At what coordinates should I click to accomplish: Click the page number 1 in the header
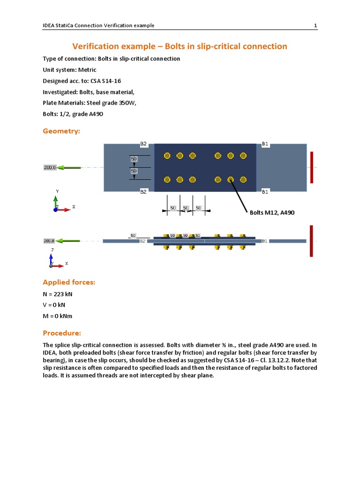315,25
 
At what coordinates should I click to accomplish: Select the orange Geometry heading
61,131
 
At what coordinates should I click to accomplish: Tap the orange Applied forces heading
69,282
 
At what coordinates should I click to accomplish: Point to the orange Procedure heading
62,333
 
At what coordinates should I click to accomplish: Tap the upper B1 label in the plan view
265,144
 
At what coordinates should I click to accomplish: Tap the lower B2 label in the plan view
143,191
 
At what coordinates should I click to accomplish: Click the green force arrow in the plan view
69,167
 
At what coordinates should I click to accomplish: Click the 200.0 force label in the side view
50,240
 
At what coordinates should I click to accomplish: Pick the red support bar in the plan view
311,167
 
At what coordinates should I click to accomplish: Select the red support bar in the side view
311,241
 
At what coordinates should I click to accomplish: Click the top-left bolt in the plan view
167,156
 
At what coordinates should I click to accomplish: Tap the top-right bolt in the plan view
243,156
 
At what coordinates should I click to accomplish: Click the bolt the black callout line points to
231,179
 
